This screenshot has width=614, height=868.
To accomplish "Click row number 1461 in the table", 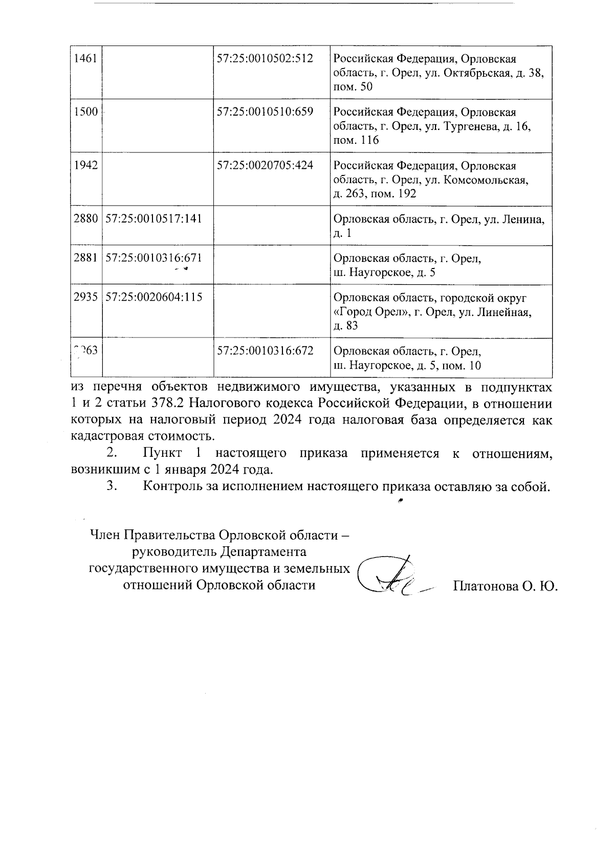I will coord(85,58).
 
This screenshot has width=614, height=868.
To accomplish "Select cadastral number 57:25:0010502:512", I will coord(265,58).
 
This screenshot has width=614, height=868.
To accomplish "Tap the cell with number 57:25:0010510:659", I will coord(265,112).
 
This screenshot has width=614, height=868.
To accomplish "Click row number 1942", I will coord(85,165).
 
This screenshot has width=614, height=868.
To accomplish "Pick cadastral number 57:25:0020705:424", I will coord(265,165).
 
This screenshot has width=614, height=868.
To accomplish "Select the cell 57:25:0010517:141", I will coord(153,219).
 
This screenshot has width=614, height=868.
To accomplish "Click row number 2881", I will coord(85,258).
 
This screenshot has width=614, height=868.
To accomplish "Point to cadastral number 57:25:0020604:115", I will coord(153,298).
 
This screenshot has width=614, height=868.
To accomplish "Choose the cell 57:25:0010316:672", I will coord(265,351).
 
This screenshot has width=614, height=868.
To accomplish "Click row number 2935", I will coord(85,298).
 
